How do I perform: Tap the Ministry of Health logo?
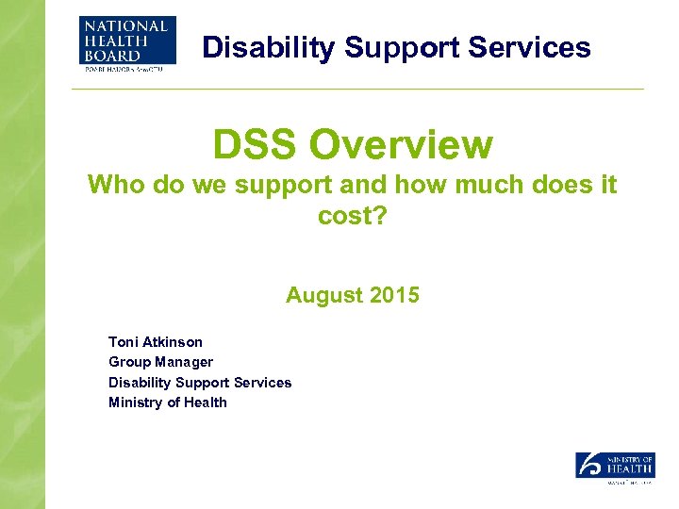[x=614, y=468]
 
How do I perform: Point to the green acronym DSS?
[x=256, y=145]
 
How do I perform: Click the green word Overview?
[x=402, y=145]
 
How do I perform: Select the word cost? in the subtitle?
[x=352, y=217]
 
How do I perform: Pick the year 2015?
[x=395, y=295]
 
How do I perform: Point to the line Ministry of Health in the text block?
[x=167, y=402]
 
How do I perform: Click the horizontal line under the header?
[x=358, y=90]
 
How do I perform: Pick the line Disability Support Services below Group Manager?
[x=200, y=382]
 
